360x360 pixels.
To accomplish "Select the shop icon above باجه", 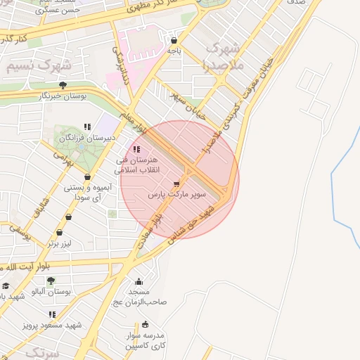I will pyautogui.click(x=174, y=40).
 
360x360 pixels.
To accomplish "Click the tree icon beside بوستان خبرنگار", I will pyautogui.click(x=63, y=85).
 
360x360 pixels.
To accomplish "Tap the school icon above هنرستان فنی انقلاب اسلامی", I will pyautogui.click(x=136, y=149).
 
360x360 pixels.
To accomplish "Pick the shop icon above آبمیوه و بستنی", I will pyautogui.click(x=86, y=177).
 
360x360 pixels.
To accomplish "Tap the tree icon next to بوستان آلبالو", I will pyautogui.click(x=50, y=281).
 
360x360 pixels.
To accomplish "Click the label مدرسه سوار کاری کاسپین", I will pyautogui.click(x=145, y=340).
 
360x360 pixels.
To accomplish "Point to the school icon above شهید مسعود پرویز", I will pyautogui.click(x=52, y=314).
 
